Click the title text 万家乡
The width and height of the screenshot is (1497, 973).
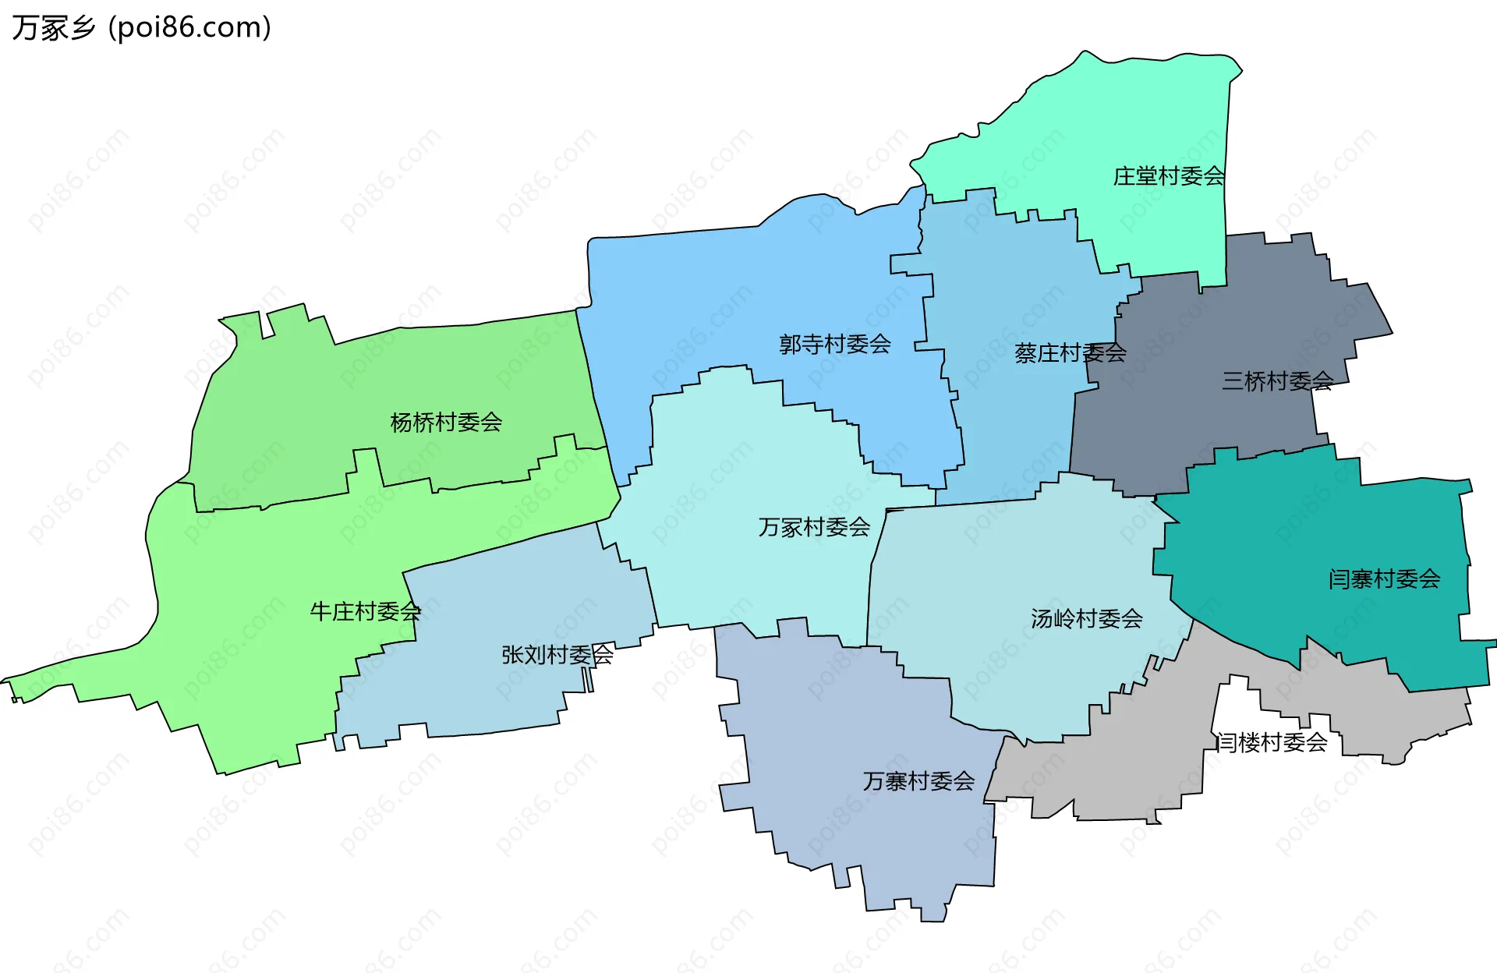53,28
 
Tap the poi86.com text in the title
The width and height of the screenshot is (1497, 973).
189,28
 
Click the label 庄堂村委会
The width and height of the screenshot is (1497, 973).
1168,176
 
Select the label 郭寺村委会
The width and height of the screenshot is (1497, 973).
835,344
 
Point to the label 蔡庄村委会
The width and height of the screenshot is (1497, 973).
1070,353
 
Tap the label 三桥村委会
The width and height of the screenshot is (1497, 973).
1277,381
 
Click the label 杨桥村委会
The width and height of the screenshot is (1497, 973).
446,423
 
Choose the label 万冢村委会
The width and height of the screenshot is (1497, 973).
814,528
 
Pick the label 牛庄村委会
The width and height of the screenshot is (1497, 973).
365,611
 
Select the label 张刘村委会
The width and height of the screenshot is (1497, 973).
557,655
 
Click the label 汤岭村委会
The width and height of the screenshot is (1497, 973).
1086,619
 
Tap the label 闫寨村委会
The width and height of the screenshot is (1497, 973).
1384,579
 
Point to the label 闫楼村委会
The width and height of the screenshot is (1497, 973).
1272,742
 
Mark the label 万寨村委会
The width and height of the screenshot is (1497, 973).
918,781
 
